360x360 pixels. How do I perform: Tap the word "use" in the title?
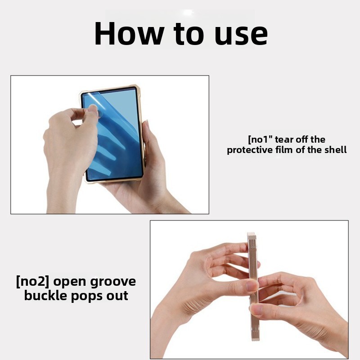[x=241, y=36]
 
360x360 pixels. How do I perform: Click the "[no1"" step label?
[x=260, y=139]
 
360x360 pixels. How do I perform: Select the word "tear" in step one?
[x=284, y=139]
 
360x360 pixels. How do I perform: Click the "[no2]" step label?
[x=32, y=282]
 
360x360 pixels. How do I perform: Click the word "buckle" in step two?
[x=46, y=296]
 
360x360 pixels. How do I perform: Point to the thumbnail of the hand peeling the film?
[x=94, y=108]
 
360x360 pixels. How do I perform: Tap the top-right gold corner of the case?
[x=137, y=88]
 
